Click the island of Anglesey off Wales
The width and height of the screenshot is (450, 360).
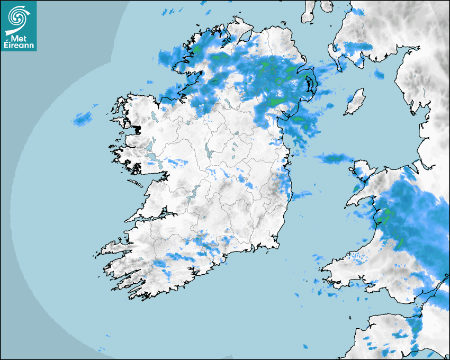pos(362,170)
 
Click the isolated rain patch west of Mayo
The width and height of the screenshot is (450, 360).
pos(82,119)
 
